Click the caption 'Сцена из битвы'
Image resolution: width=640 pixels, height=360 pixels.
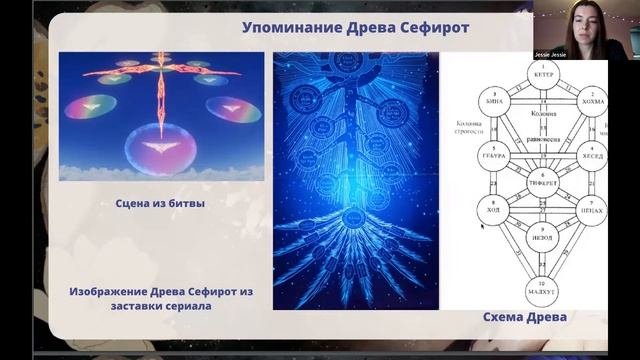(x=160, y=203)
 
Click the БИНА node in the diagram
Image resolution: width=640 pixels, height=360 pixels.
(x=492, y=99)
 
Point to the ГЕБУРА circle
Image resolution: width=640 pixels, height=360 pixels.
(x=492, y=156)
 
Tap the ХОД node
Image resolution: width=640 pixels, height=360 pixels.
(x=492, y=212)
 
